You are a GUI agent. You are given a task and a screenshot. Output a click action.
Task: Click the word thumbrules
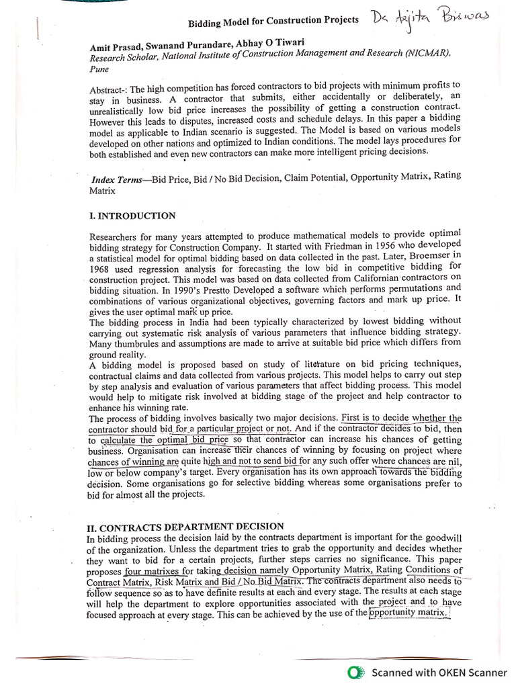point(135,342)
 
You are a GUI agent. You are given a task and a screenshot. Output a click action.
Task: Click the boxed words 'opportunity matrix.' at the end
point(408,613)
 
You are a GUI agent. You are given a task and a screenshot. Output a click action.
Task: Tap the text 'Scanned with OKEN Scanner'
point(439,672)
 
